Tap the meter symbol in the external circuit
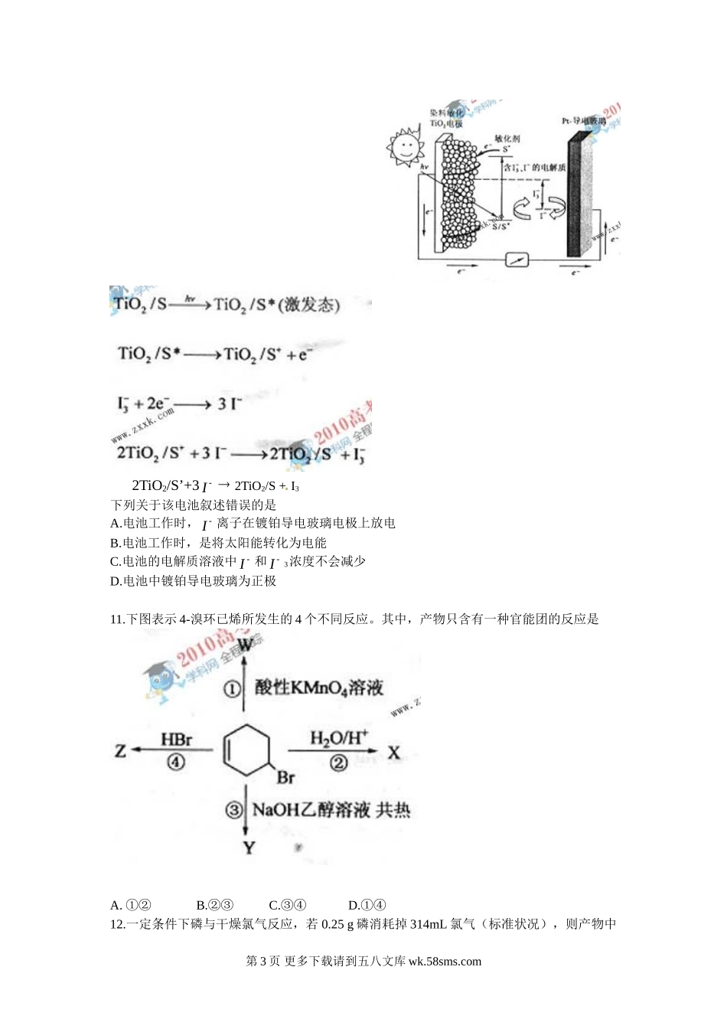coord(517,260)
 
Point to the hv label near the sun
coord(423,167)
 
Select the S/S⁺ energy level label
coord(500,226)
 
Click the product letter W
coord(245,645)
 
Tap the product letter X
coord(394,753)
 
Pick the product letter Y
coord(249,848)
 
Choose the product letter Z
coord(120,751)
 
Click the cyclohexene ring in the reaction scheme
coord(246,748)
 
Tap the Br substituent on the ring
coord(285,778)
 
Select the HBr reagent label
coord(176,740)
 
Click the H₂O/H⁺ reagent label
coord(338,738)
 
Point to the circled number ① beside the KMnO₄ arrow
coord(232,689)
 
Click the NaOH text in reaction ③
coord(275,809)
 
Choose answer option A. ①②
coord(131,905)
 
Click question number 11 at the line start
coord(118,619)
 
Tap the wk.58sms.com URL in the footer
coord(445,962)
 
